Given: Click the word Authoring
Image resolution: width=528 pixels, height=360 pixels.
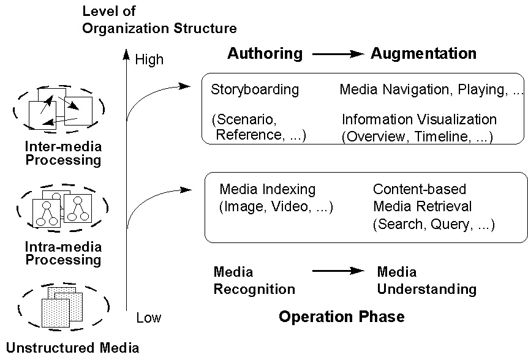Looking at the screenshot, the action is tap(265, 54).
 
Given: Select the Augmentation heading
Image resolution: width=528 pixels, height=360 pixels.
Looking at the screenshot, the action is tap(424, 53).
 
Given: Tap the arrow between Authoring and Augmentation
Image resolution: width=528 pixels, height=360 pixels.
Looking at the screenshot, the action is tap(338, 54).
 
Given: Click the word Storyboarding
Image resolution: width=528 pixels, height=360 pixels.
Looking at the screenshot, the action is tap(255, 90).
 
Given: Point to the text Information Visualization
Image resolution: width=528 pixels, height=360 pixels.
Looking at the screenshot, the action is tap(419, 119).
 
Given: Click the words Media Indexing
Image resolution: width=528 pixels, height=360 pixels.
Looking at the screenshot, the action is tap(267, 189).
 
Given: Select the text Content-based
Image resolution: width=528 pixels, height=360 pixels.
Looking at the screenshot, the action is tap(420, 189).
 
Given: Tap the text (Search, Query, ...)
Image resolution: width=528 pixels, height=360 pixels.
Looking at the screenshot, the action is tap(434, 225).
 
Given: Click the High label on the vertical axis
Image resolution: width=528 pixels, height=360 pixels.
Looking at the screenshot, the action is tap(149, 59).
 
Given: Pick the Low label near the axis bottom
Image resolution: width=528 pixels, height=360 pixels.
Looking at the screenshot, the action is tap(148, 318).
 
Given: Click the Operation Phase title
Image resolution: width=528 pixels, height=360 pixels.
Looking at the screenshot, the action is tap(342, 317).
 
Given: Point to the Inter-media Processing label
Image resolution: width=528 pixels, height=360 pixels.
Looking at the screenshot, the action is tap(63, 154).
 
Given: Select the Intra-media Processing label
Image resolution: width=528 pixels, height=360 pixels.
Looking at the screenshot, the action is tap(63, 253).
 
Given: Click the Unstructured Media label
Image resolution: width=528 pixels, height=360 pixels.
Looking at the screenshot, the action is tap(72, 348).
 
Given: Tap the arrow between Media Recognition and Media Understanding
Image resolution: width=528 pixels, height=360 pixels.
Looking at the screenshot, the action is tap(338, 271).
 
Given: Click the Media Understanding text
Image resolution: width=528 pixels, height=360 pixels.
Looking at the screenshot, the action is tap(427, 280).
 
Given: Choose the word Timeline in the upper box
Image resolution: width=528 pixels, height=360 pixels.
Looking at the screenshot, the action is tap(441, 137).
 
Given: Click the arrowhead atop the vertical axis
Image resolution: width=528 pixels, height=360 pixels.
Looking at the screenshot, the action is tap(126, 54).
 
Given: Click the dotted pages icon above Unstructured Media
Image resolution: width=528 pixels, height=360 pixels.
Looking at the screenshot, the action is tap(62, 307).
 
